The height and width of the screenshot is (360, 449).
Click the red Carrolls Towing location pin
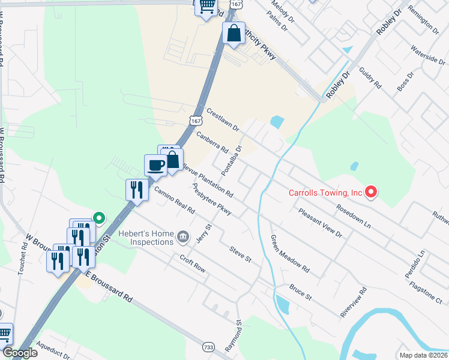371,192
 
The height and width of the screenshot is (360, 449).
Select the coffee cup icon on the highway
155,165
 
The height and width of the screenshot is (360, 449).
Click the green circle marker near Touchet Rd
100,218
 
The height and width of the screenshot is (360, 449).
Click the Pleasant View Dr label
320,223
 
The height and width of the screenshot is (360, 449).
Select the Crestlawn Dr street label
223,120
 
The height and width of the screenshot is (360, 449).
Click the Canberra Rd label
212,142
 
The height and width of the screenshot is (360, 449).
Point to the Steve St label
240,254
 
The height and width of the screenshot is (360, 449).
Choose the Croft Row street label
193,263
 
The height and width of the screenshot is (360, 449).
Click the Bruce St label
301,293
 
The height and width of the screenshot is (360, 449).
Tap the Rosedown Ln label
354,216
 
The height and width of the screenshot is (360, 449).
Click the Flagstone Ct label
425,287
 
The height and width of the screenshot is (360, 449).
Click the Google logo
20,353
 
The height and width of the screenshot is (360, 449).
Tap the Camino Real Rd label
175,200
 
